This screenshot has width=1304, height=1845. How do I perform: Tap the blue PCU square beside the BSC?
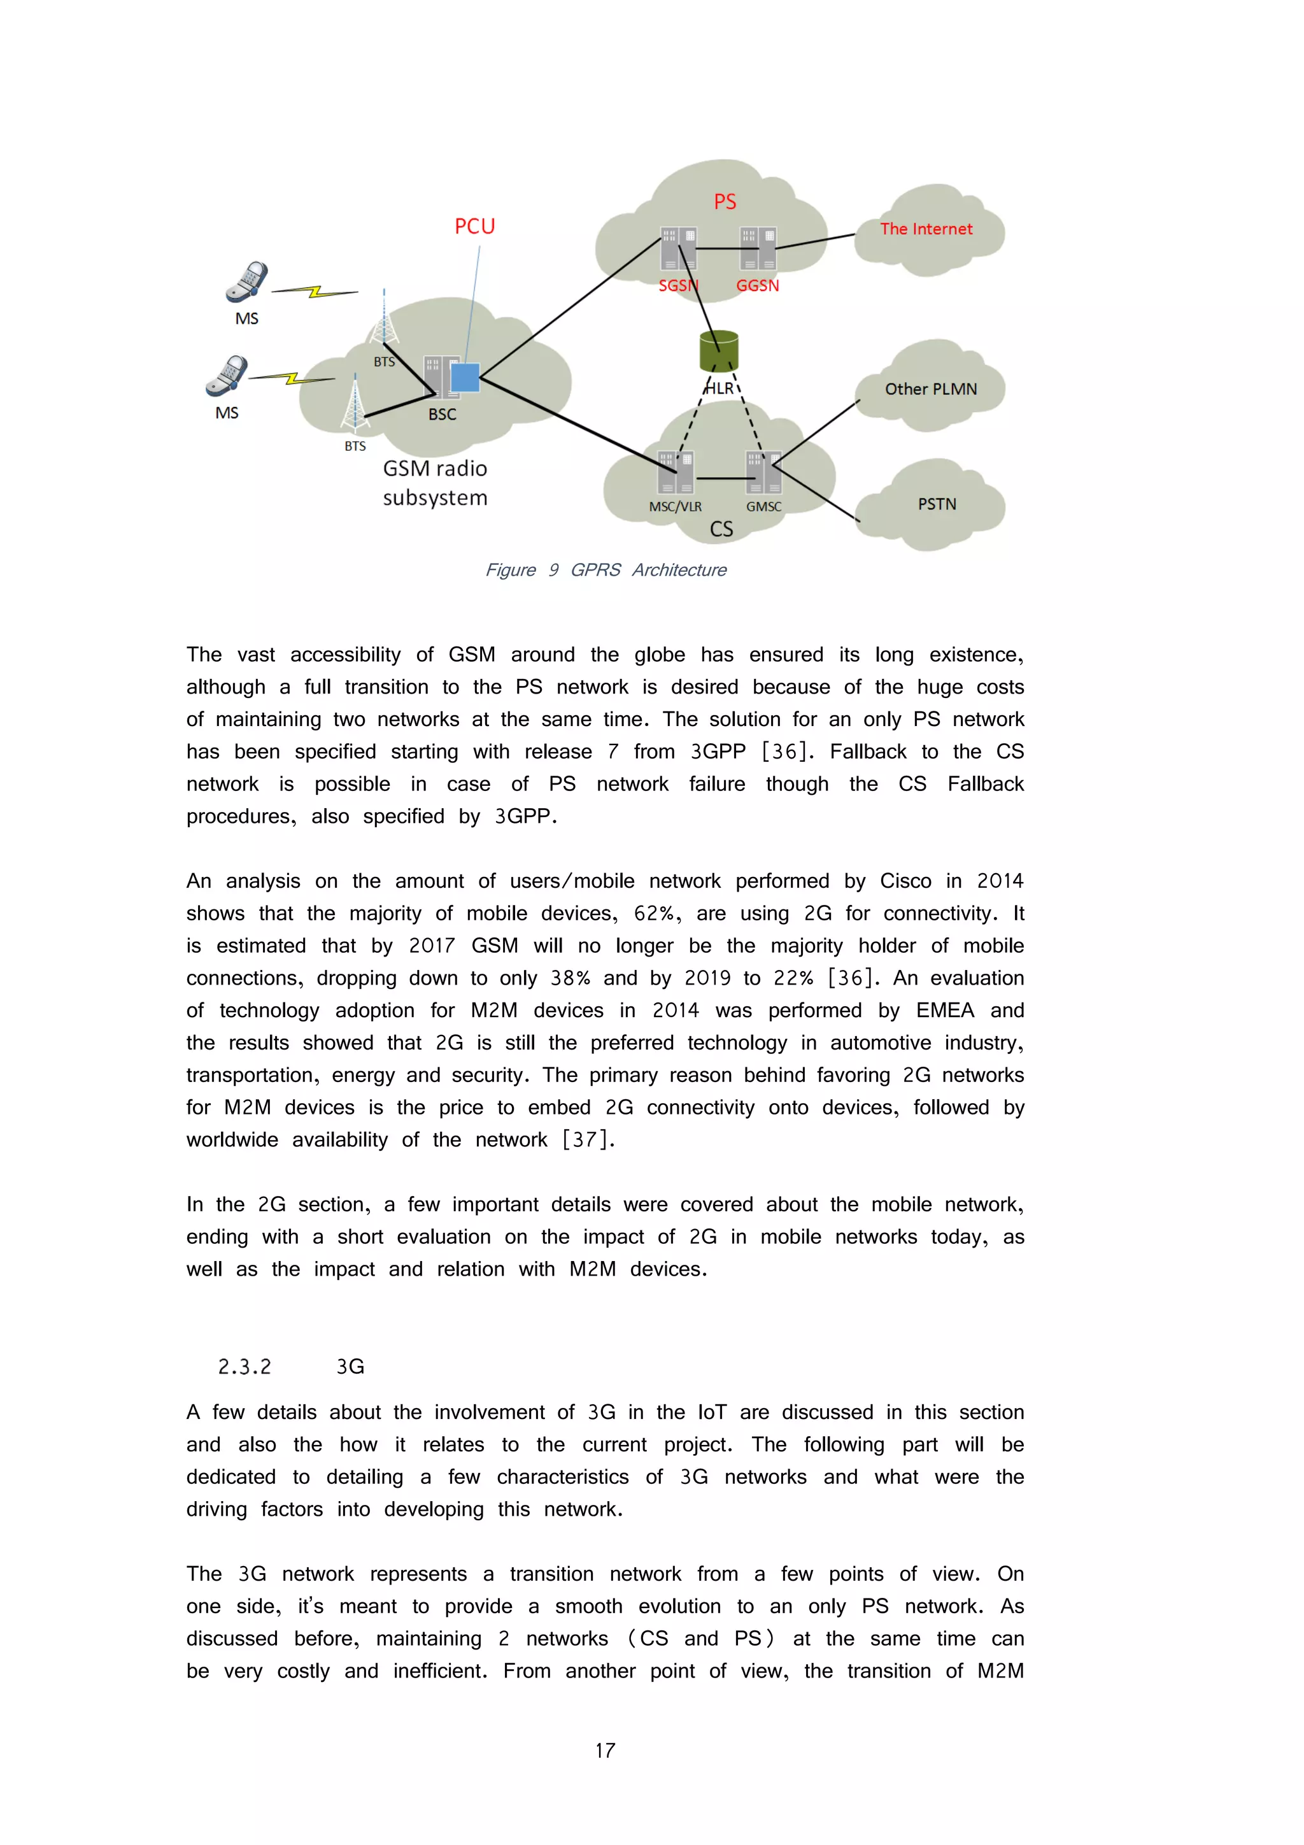click(464, 378)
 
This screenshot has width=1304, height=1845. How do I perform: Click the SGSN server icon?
click(678, 248)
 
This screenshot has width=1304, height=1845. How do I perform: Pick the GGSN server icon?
click(757, 248)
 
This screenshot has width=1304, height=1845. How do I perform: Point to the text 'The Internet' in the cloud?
click(926, 229)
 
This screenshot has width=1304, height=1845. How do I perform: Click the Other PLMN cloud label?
click(930, 389)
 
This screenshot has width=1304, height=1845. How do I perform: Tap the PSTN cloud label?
click(936, 504)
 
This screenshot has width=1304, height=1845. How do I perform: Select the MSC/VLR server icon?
click(675, 473)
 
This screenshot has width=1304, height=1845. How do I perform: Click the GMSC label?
click(763, 507)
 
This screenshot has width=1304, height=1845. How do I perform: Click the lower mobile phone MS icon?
click(227, 376)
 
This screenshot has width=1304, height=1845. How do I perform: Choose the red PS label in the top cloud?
click(725, 202)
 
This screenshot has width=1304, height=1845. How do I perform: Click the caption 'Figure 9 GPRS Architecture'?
click(605, 570)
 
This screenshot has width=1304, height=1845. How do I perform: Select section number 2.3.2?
click(244, 1367)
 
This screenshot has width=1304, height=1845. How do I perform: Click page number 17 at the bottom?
click(605, 1750)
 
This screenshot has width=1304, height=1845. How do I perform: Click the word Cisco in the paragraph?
click(905, 881)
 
